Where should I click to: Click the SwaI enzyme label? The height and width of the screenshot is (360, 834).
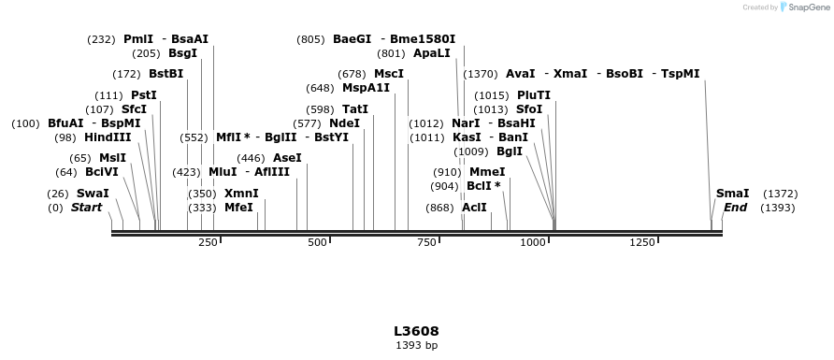pyautogui.click(x=93, y=194)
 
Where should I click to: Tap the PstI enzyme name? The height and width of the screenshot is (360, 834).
pyautogui.click(x=143, y=95)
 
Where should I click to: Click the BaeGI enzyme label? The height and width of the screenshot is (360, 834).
pyautogui.click(x=352, y=39)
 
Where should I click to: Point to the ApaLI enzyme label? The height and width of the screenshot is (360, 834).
pyautogui.click(x=431, y=53)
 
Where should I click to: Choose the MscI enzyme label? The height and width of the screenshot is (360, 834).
pyautogui.click(x=389, y=74)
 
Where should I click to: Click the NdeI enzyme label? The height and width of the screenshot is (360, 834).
pyautogui.click(x=344, y=123)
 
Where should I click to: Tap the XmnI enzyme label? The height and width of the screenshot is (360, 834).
pyautogui.click(x=241, y=194)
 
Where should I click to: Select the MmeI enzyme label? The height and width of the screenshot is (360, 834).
pyautogui.click(x=487, y=172)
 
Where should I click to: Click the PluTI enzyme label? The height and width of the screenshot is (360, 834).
pyautogui.click(x=533, y=95)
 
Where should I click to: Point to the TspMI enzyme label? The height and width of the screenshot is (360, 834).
pyautogui.click(x=680, y=74)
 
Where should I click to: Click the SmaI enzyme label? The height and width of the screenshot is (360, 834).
pyautogui.click(x=732, y=194)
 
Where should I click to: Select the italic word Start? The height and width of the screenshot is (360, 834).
pyautogui.click(x=86, y=208)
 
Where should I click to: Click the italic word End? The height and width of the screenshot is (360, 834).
pyautogui.click(x=735, y=208)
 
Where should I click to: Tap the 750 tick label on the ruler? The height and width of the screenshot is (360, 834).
pyautogui.click(x=426, y=243)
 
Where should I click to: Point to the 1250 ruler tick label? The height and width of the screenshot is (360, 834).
pyautogui.click(x=641, y=243)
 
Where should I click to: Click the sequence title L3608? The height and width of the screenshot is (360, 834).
pyautogui.click(x=416, y=331)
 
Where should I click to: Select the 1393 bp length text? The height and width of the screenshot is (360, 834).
pyautogui.click(x=416, y=346)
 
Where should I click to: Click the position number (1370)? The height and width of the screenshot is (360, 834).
pyautogui.click(x=481, y=74)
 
